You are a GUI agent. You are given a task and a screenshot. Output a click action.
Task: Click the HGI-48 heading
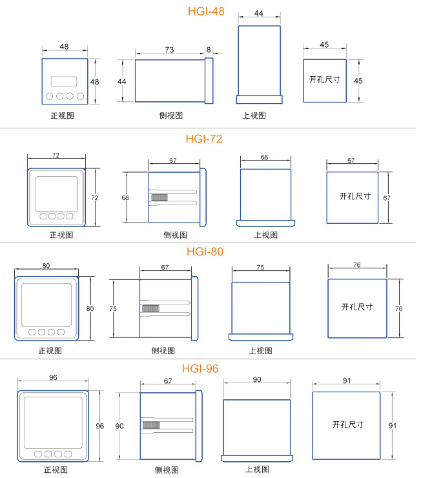pos(206,11)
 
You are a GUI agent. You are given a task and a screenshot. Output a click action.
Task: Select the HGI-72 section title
pos(204,139)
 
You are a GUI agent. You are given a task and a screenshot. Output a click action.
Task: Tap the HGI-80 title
pos(205,252)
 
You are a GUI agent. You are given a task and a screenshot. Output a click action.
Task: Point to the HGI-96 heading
pos(200,368)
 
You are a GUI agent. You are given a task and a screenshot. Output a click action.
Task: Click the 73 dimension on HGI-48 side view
pos(169,50)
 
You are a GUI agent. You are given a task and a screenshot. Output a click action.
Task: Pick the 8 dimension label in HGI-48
pos(209,50)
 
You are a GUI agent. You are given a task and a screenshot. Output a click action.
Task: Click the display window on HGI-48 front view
pos(64,81)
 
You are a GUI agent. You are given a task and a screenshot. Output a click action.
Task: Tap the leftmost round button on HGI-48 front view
pos(50,96)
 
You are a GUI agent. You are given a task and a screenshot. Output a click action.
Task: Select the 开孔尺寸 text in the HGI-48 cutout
pos(325,79)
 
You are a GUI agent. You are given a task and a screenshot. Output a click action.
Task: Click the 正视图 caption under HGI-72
pos(61,235)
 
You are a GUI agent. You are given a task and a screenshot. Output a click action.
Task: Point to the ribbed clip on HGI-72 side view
pos(159,197)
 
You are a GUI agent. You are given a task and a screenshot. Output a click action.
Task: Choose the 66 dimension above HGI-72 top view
pos(264,157)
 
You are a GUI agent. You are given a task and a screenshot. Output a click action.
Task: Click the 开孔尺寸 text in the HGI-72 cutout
pos(355,196)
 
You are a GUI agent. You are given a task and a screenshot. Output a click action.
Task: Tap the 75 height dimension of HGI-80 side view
pos(113,308)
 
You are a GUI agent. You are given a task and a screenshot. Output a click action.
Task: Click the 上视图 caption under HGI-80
pos(260,350)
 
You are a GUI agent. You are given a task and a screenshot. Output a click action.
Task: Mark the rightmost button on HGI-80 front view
pos(61,332)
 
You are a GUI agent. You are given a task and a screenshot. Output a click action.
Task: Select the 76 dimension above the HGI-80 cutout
pos(357,264)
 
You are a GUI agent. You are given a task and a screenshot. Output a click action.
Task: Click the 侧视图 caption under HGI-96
pos(167,470)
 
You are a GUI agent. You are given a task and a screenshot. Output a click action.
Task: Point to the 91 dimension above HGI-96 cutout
pos(347,381)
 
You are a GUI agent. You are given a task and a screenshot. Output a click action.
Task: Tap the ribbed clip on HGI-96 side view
pos(151,425)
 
